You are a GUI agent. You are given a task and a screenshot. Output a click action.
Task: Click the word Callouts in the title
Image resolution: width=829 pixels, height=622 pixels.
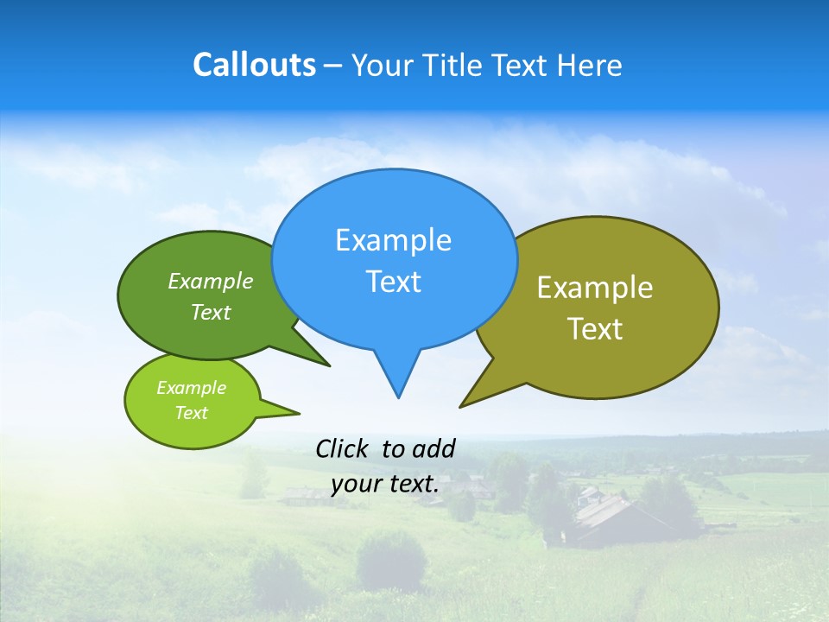(254, 65)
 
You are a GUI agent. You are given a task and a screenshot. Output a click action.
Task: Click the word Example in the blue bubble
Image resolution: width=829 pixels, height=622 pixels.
(393, 240)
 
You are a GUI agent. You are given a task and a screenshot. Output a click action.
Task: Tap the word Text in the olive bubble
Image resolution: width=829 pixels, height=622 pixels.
(595, 328)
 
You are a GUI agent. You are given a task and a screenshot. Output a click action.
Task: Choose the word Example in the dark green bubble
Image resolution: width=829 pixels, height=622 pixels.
(211, 281)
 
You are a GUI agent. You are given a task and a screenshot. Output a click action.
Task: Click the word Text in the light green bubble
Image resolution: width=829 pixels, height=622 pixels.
(191, 413)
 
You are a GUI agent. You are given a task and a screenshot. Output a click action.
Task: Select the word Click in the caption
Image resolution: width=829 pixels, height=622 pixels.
(343, 448)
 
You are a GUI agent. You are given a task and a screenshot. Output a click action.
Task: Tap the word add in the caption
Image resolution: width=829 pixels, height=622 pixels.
(433, 448)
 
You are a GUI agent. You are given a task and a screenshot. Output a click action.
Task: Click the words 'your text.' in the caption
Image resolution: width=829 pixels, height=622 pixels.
(385, 484)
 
